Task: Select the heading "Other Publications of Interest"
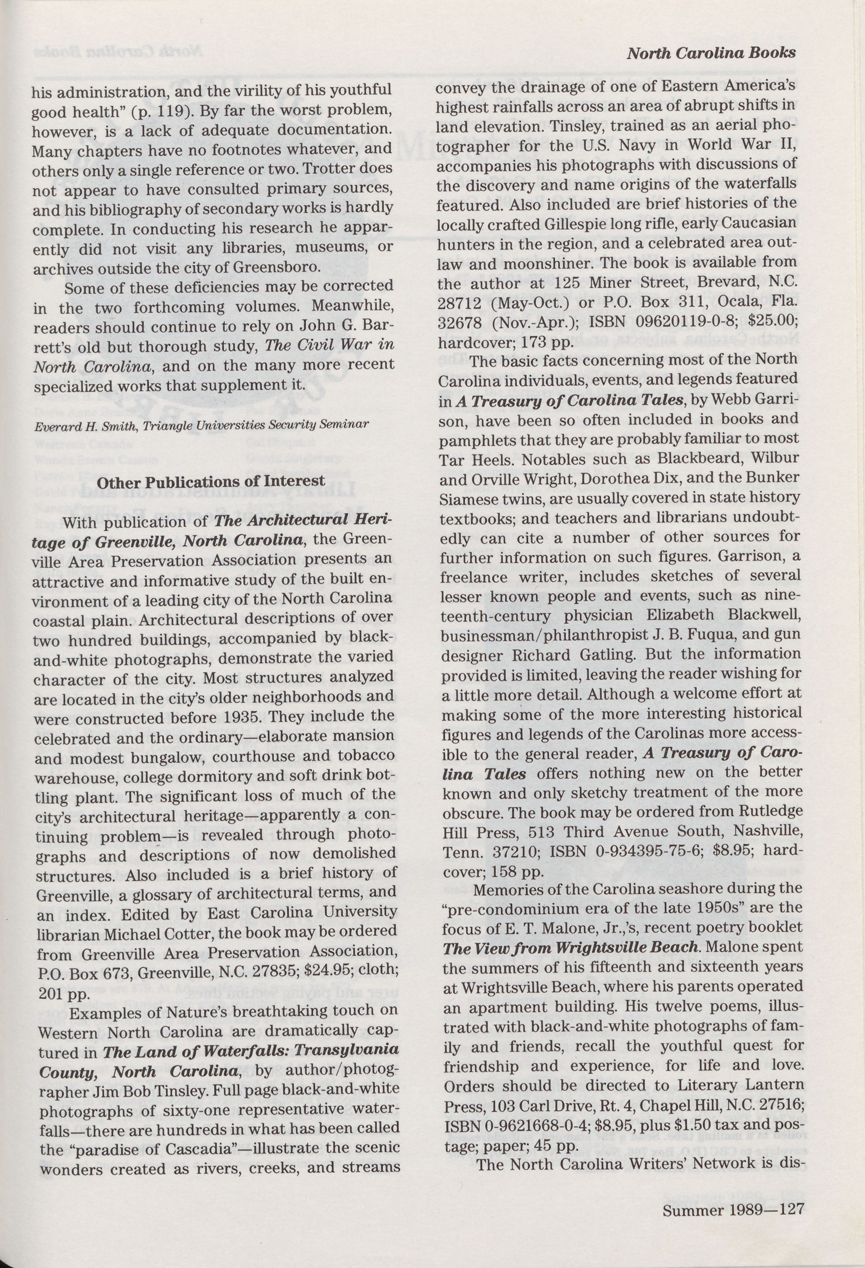coord(211,482)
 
